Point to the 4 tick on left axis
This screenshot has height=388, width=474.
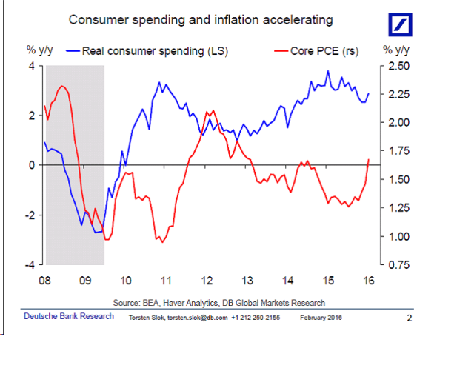tap(32, 66)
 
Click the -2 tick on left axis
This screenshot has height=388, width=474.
tap(30, 215)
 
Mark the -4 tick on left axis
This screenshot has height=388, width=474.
tap(30, 264)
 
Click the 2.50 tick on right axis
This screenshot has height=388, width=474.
tap(395, 66)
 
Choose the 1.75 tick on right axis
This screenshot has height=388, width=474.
tap(395, 151)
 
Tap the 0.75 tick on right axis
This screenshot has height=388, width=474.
tap(395, 264)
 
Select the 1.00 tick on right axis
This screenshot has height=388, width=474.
tap(395, 236)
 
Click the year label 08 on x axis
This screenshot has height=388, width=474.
tap(44, 281)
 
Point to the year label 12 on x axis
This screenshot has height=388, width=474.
tap(206, 281)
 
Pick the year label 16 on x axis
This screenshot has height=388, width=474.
tap(368, 281)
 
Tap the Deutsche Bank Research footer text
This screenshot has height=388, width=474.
tap(69, 316)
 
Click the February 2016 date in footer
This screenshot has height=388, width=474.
tap(321, 318)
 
